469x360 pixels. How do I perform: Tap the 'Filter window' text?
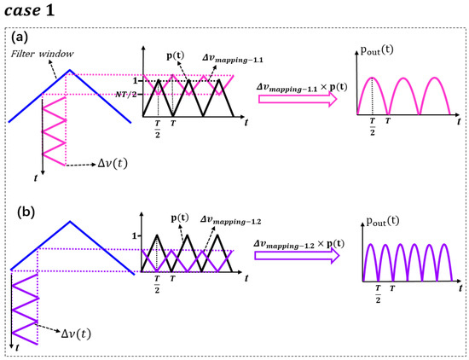tap(36, 54)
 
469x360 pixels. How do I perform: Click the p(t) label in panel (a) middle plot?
tap(178, 55)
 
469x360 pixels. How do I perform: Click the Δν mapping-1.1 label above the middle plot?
tap(229, 55)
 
